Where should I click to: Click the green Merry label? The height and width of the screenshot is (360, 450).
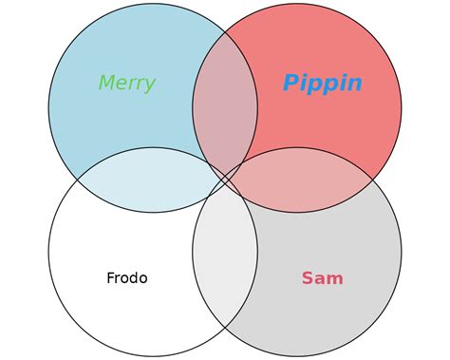pyautogui.click(x=126, y=84)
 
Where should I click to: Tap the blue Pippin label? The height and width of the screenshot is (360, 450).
pyautogui.click(x=322, y=84)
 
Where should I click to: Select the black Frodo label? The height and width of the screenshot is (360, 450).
pyautogui.click(x=126, y=278)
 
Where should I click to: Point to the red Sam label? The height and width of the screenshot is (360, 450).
pyautogui.click(x=322, y=278)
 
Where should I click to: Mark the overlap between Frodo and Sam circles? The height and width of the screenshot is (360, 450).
pyautogui.click(x=225, y=252)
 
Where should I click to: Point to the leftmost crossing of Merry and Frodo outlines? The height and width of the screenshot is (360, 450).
pyautogui.click(x=78, y=180)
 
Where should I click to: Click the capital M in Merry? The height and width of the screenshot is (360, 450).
pyautogui.click(x=106, y=84)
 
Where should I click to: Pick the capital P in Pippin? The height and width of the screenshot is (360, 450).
pyautogui.click(x=291, y=84)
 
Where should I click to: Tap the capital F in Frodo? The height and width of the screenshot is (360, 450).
pyautogui.click(x=110, y=278)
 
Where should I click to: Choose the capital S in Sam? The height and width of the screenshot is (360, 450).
pyautogui.click(x=308, y=278)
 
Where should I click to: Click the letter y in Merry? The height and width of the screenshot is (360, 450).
pyautogui.click(x=149, y=85)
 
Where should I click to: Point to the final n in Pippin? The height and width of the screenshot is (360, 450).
pyautogui.click(x=353, y=85)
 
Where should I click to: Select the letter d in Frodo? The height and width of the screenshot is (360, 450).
pyautogui.click(x=133, y=278)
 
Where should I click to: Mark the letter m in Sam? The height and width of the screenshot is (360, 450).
pyautogui.click(x=335, y=279)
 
